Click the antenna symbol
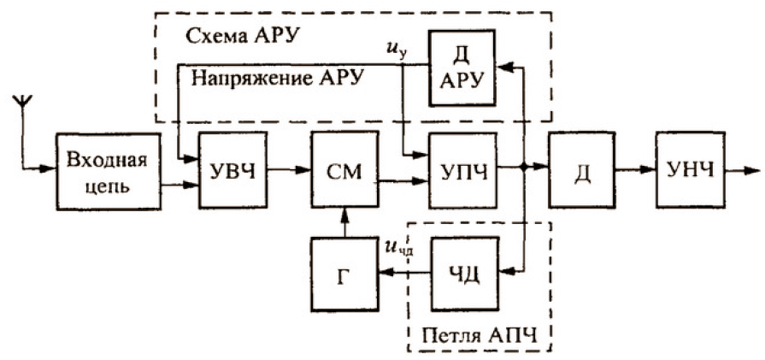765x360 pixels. (x=23, y=105)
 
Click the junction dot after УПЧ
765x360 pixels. (x=523, y=169)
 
